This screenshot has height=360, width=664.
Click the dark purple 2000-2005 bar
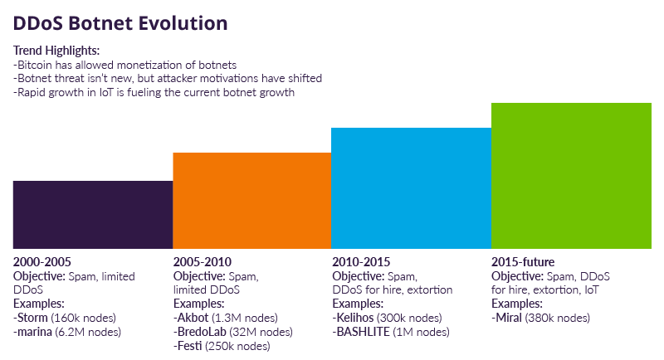pos(93,214)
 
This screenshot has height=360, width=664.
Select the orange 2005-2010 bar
pos(251,200)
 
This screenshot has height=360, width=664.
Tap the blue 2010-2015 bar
pos(411,187)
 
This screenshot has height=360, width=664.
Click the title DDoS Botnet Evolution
pos(121,21)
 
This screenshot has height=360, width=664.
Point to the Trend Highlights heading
pos(56,50)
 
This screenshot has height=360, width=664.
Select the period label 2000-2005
pos(41,262)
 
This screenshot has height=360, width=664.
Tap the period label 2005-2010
pos(201,262)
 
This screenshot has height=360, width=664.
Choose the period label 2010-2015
pos(361,262)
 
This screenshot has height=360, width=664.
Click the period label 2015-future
pos(523,262)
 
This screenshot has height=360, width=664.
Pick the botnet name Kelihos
pos(356,319)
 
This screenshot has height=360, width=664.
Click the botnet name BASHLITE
pos(364,333)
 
